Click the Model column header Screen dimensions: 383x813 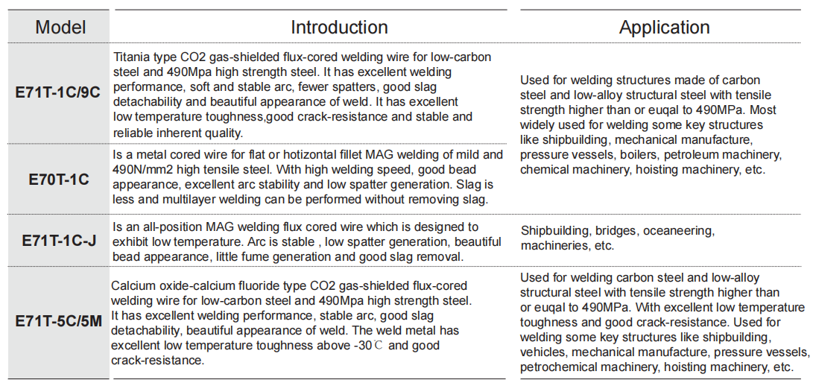pos(60,28)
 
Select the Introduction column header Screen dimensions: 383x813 pos(339,28)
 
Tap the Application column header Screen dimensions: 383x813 pos(664,28)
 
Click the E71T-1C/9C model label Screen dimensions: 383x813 pos(57,94)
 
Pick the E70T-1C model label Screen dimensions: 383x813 pos(59,180)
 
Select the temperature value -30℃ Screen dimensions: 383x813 pos(373,345)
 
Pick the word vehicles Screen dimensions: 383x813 pos(543,352)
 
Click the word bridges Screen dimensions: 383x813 pos(616,230)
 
